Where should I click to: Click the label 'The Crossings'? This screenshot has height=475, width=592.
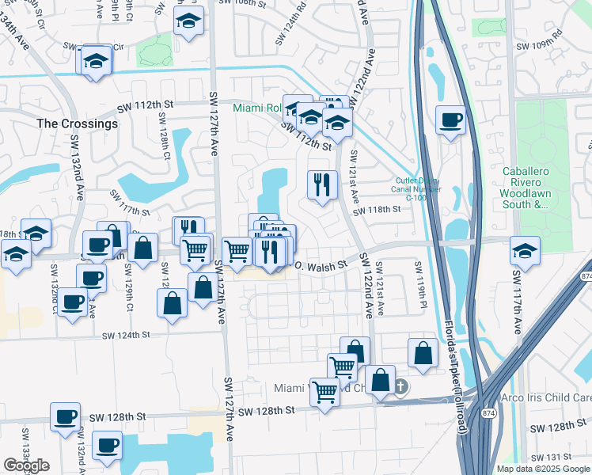coord(78,123)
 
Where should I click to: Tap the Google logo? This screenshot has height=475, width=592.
coord(26,465)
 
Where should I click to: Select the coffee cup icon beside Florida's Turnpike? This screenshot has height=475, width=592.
coord(451,120)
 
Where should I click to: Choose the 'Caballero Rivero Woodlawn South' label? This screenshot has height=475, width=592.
coord(526,188)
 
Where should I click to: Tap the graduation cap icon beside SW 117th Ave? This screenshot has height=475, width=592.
coord(526,250)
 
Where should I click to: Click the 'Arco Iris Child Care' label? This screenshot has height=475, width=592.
coord(546,397)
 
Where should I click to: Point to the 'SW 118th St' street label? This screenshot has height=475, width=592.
coord(378,210)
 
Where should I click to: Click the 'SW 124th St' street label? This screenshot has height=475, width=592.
coord(126,336)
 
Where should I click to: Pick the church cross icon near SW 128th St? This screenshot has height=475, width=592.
coord(401,386)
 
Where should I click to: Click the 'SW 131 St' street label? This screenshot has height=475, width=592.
coord(548,458)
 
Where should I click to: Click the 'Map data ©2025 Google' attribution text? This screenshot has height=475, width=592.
coord(542,469)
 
